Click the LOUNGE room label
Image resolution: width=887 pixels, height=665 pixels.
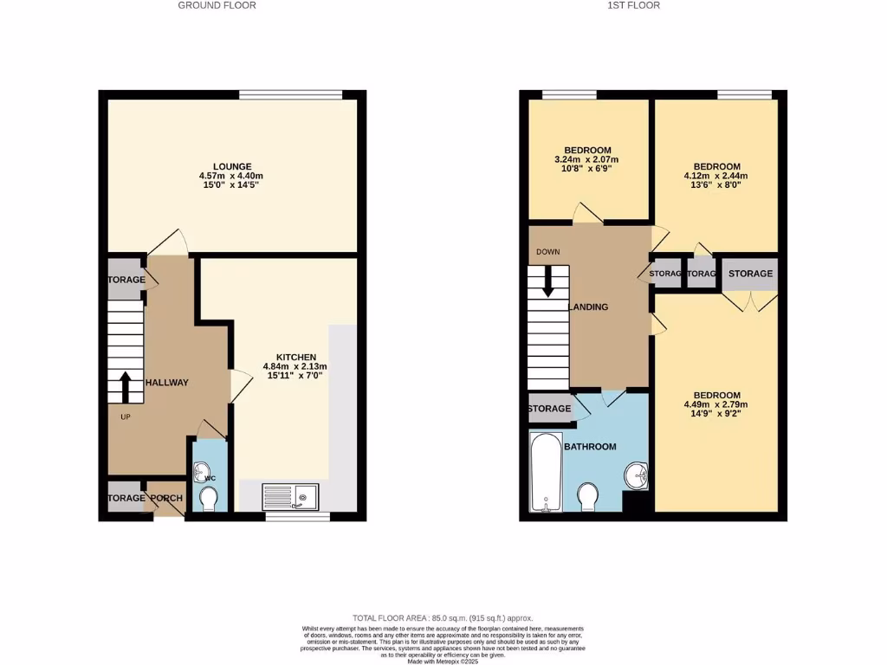(x=232, y=166)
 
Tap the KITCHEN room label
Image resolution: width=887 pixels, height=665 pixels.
(x=295, y=357)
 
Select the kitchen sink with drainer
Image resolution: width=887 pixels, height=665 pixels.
(x=291, y=496)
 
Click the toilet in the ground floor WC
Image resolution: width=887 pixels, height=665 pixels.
(x=208, y=500)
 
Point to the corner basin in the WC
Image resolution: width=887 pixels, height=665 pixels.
(x=204, y=472)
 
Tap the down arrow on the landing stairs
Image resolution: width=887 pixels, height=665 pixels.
(x=547, y=282)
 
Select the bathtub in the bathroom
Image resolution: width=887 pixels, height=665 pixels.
(x=546, y=472)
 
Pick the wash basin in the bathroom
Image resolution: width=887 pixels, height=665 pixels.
(x=637, y=475)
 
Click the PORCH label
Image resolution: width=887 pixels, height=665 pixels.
(x=166, y=498)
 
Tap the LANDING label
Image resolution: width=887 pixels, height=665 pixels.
(x=587, y=307)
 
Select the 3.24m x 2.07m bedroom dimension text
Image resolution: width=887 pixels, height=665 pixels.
(x=588, y=160)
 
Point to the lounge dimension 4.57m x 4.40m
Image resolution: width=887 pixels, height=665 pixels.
(x=232, y=176)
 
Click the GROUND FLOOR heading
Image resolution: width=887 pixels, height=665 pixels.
(x=217, y=5)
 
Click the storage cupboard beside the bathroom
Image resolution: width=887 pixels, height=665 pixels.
(x=550, y=409)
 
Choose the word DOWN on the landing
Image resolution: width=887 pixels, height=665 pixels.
(x=548, y=252)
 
